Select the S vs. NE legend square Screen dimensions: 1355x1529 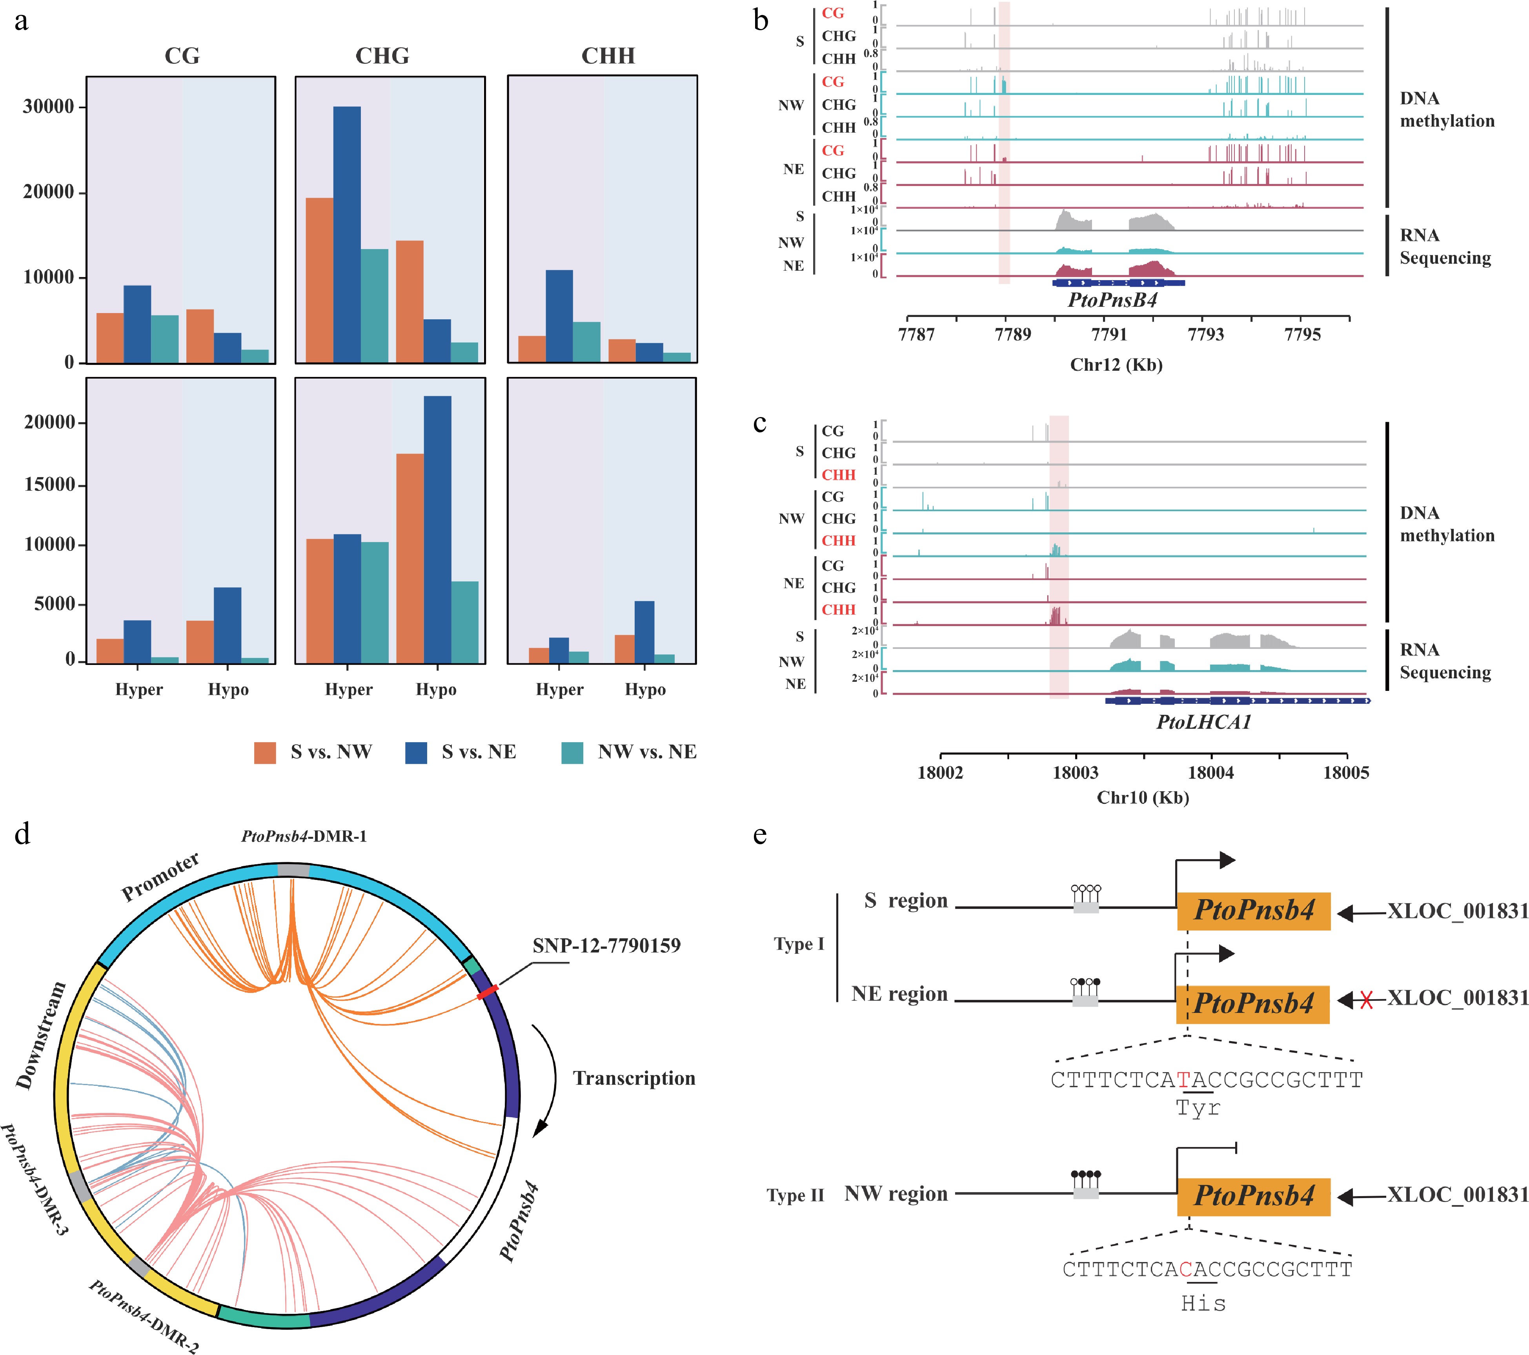tap(416, 753)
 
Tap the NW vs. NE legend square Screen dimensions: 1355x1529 tap(572, 753)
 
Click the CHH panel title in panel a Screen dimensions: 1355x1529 tap(608, 56)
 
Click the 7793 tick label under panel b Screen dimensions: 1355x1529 tap(1206, 335)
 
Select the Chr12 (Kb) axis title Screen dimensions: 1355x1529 tap(1116, 365)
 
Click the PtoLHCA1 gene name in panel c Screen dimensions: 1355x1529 tap(1203, 722)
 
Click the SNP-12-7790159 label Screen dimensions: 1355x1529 tap(607, 946)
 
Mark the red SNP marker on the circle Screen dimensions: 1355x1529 tap(488, 992)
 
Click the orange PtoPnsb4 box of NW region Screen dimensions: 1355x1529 tap(1254, 1196)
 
